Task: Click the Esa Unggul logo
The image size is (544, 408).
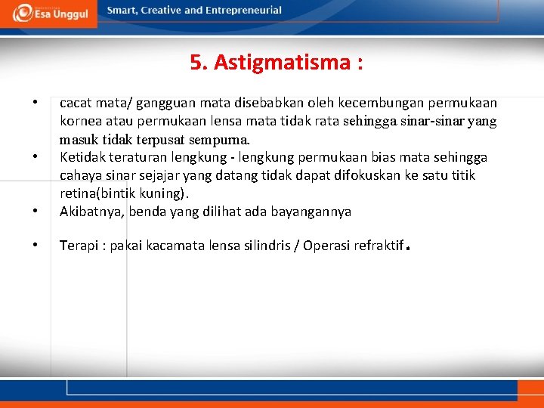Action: point(50,13)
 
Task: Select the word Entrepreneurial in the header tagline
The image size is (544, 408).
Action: point(243,11)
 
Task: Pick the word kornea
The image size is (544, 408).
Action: point(80,121)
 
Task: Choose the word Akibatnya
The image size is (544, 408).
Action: point(91,212)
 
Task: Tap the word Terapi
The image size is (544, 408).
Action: point(78,246)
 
